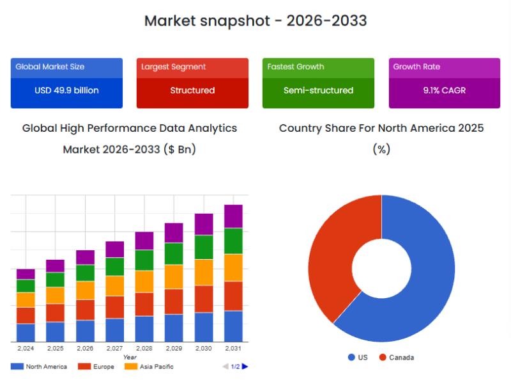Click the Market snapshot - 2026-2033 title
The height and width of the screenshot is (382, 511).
tap(256, 20)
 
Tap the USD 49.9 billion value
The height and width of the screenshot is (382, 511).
tap(66, 90)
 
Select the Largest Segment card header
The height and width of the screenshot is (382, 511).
tap(173, 67)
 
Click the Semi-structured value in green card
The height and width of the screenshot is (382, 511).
tap(318, 90)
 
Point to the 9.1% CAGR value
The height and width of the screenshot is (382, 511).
tap(444, 90)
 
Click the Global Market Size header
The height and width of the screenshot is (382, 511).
tap(50, 67)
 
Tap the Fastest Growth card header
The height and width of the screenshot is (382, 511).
tap(295, 67)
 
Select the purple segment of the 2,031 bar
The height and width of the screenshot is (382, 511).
tap(233, 216)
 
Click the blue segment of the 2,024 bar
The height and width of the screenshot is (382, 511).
tap(26, 333)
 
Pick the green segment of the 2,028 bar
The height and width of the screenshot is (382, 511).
tap(144, 260)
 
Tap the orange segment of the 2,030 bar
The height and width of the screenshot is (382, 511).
tap(204, 272)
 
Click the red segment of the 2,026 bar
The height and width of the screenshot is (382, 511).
tap(85, 310)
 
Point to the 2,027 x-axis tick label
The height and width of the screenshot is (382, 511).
tap(114, 349)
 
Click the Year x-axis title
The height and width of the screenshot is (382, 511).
tap(130, 357)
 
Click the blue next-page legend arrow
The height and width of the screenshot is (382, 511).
tap(245, 367)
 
